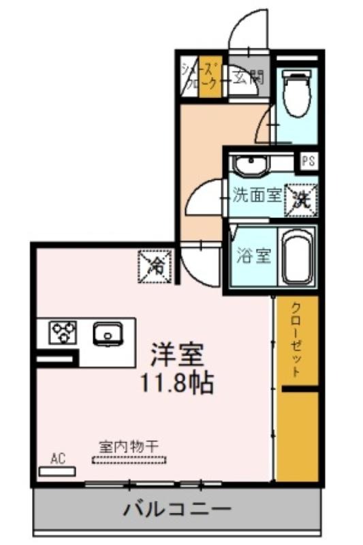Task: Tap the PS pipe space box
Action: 309,161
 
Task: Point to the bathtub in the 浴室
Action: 296,257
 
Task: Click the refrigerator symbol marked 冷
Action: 155,266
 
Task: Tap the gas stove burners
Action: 63,332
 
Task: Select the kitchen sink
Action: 108,334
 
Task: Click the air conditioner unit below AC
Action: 57,471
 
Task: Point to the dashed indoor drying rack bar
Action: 129,460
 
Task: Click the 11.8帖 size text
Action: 176,383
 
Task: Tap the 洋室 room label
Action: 176,354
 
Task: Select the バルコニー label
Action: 178,510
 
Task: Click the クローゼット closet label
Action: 296,340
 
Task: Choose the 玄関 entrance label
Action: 249,77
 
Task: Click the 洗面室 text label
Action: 256,196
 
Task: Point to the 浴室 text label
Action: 253,256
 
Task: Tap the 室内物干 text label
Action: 129,447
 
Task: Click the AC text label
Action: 58,458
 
